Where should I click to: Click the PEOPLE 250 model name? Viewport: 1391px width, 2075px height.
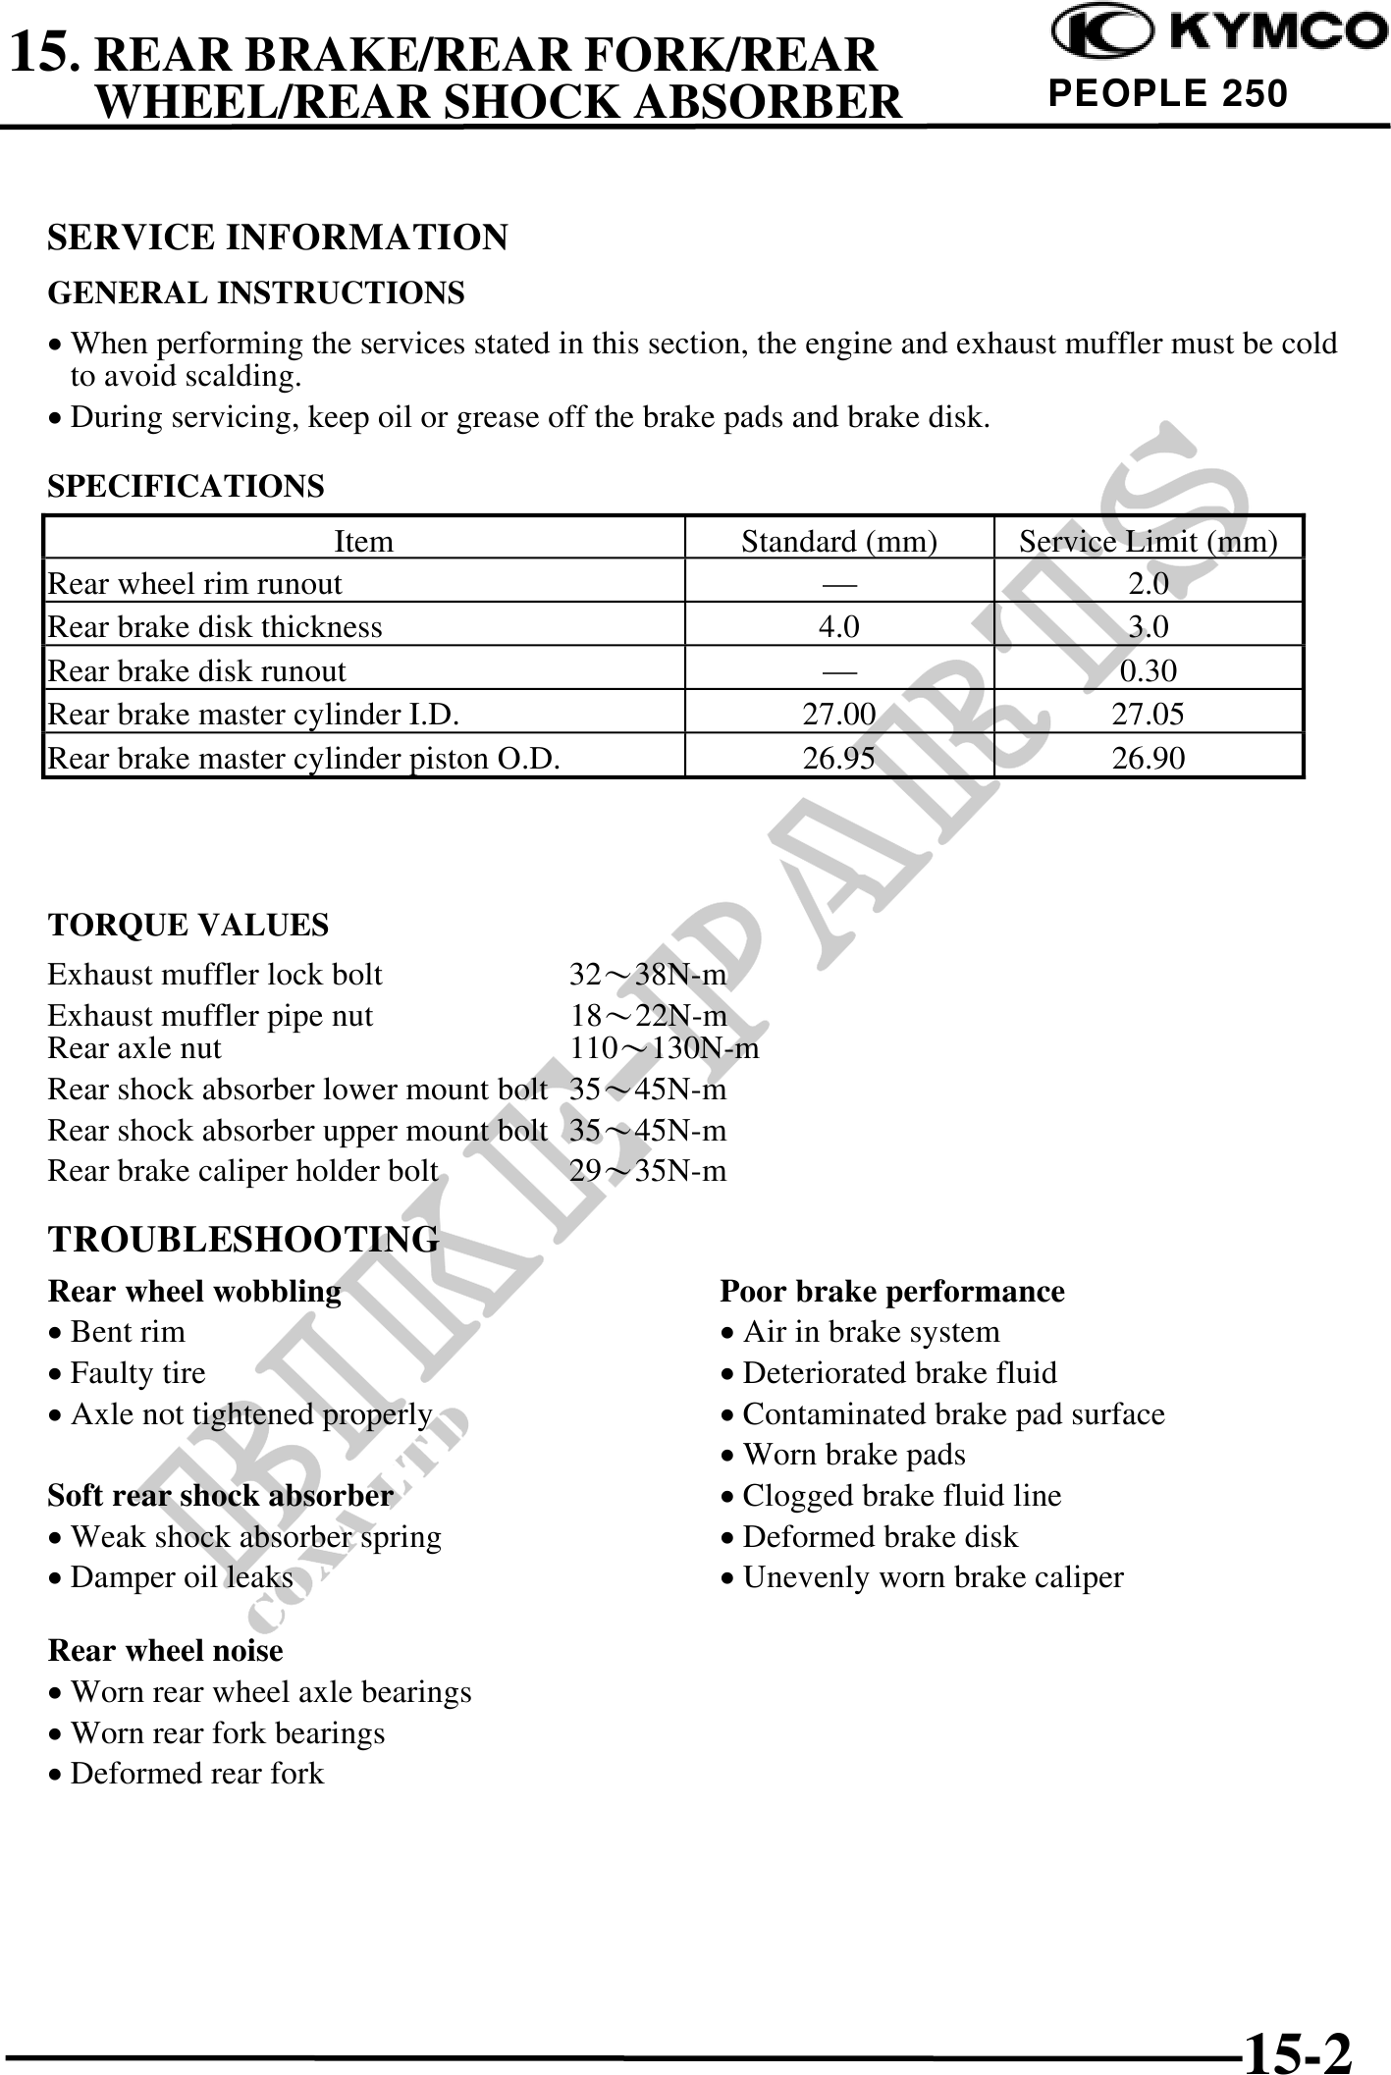(x=1167, y=93)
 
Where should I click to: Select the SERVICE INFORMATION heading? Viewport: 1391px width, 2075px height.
(x=278, y=238)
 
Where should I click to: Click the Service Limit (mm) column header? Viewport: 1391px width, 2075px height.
(x=1148, y=541)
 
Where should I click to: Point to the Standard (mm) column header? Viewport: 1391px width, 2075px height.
(x=838, y=541)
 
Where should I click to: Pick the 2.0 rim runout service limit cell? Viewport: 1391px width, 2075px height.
(x=1148, y=584)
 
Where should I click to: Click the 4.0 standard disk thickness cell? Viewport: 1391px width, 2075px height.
(x=838, y=627)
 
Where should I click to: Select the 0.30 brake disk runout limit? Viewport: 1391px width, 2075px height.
(x=1148, y=670)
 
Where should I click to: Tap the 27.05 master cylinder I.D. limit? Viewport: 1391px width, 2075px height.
(x=1148, y=714)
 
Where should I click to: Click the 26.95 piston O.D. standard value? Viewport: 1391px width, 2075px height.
(x=838, y=758)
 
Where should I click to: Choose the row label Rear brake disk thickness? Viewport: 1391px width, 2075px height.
(x=215, y=627)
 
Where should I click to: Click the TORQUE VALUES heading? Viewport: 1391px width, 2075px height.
(x=188, y=925)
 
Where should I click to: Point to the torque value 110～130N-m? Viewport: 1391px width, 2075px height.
(x=665, y=1048)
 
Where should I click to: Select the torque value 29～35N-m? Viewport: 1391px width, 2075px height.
(x=648, y=1171)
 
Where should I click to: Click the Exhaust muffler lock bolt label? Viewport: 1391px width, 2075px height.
(x=215, y=975)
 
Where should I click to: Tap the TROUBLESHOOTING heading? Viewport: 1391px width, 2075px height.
(x=243, y=1240)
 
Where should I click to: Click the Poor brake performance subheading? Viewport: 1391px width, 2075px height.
(x=891, y=1291)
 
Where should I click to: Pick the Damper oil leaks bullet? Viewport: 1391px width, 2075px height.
(x=182, y=1577)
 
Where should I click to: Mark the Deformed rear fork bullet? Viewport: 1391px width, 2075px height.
(x=196, y=1774)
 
